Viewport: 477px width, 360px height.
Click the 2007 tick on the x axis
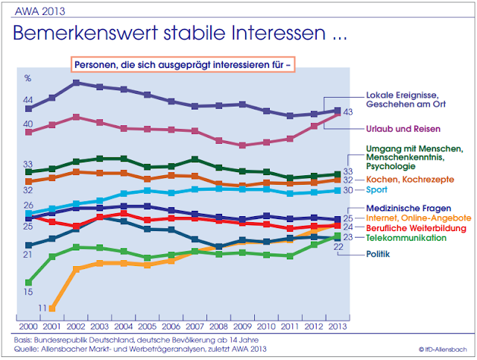click(x=194, y=327)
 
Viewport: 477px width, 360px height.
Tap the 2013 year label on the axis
click(x=338, y=327)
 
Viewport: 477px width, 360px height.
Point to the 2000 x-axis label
click(x=28, y=327)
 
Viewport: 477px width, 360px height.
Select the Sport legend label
click(x=378, y=191)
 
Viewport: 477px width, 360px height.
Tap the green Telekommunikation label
click(x=406, y=237)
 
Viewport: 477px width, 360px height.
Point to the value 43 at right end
click(x=348, y=112)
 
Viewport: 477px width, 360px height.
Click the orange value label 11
click(x=42, y=308)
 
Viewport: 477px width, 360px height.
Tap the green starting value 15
click(x=28, y=292)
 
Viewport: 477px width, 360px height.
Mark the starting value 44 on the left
click(x=28, y=100)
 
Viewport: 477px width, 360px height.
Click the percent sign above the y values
click(x=28, y=78)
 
